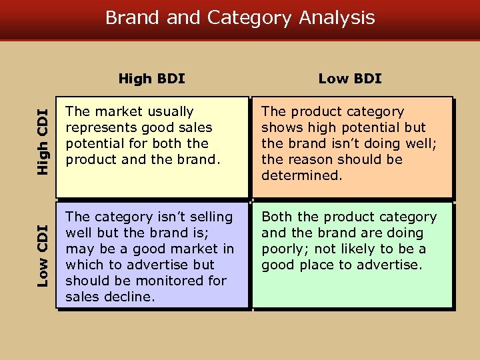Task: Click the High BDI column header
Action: click(x=151, y=79)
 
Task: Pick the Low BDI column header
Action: click(x=350, y=79)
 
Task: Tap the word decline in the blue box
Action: click(x=130, y=297)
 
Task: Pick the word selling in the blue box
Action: click(x=209, y=217)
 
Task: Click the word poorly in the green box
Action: click(x=283, y=249)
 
